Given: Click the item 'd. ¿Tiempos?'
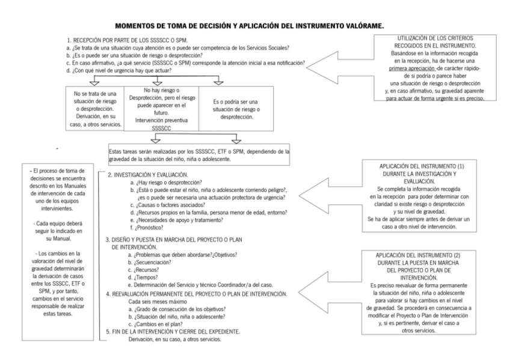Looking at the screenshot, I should pyautogui.click(x=142, y=278).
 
